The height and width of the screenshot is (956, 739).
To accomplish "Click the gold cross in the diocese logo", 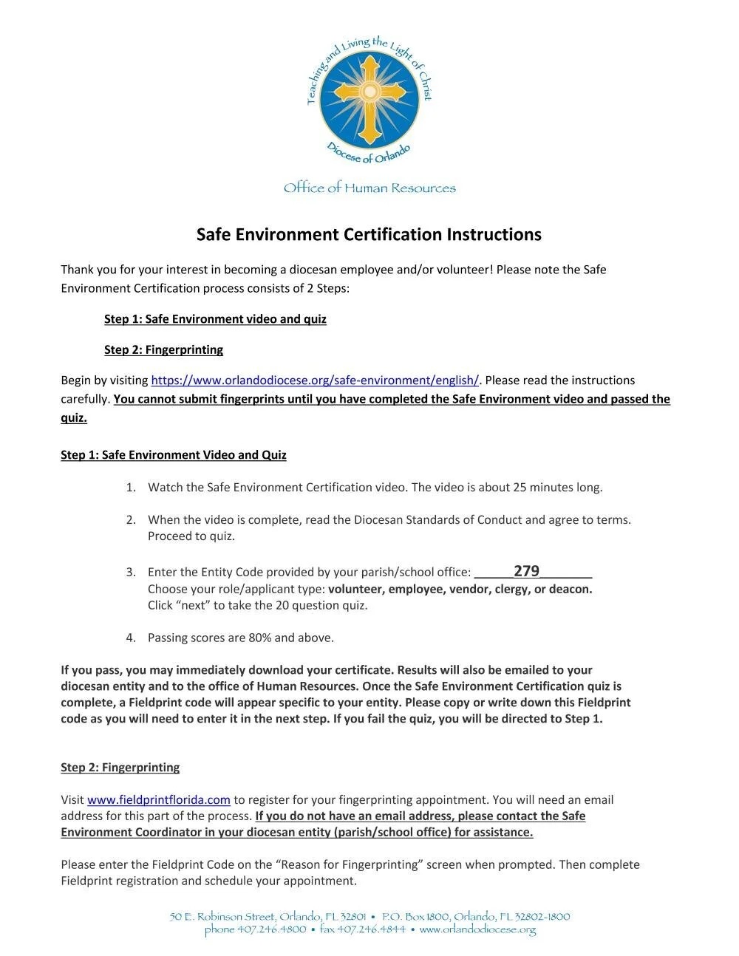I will coord(369,94).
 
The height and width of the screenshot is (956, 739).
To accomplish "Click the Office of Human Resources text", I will coord(369,188).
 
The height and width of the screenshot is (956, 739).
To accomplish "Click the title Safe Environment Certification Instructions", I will coord(369,234).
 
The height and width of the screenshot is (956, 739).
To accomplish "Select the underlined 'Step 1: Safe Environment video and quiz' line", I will coord(215,319).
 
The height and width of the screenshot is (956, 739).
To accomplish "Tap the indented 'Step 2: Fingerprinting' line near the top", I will coord(163,349).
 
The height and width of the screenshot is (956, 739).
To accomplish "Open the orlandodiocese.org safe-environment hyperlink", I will coord(315,380).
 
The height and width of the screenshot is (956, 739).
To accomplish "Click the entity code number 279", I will coord(526,571).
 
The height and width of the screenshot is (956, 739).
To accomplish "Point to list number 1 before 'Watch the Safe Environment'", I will coord(130,488).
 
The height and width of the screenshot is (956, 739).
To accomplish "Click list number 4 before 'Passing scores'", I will coord(130,638).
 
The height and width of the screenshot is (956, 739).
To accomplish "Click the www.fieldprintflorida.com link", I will coord(159,800).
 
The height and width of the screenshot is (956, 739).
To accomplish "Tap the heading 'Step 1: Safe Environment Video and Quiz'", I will coord(174,455).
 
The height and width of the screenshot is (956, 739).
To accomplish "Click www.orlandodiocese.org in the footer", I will coord(477,929).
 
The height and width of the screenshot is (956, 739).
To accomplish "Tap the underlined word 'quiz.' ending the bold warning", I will coord(74,418).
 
